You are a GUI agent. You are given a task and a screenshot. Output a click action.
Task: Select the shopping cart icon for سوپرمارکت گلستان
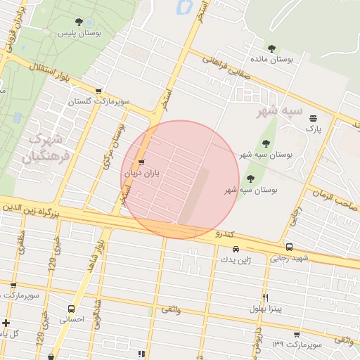click(98, 91)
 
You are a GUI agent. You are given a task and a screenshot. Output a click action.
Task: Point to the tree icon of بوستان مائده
click(271, 49)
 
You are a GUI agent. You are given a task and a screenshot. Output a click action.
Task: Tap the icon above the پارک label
click(313, 118)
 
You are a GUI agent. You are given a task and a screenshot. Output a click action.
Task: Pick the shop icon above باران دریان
click(143, 162)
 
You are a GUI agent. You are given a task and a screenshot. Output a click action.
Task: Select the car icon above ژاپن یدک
click(236, 249)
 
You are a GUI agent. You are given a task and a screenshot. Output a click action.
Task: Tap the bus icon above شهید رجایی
click(289, 247)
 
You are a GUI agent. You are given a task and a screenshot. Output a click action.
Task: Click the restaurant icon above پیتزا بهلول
click(265, 297)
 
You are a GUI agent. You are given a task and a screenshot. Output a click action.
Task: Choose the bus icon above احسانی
click(71, 309)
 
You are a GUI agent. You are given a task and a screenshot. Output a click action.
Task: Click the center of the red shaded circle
click(181, 179)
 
